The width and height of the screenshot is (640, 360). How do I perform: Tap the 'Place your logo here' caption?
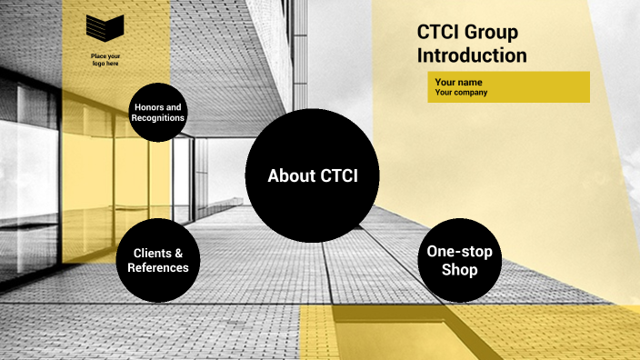pos(105,60)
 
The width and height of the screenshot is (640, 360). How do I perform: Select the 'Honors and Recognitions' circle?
pos(157,113)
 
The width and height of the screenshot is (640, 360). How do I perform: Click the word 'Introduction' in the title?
pos(472,55)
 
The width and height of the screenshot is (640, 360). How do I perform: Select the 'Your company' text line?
pos(461,93)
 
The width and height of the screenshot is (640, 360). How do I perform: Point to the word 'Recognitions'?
pos(157,118)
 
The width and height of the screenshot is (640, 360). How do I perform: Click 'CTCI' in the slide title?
pos(438,33)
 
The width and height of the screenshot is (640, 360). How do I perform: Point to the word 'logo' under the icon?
pos(97,64)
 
